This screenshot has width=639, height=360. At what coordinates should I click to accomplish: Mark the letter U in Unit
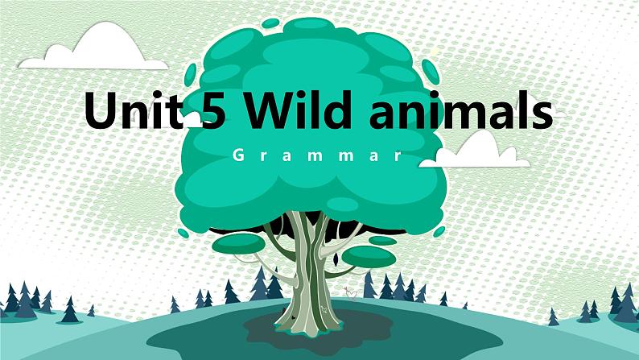[100, 111]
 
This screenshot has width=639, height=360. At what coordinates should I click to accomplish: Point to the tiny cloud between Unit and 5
[194, 124]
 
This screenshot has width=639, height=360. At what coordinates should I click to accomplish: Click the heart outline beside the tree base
[348, 295]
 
